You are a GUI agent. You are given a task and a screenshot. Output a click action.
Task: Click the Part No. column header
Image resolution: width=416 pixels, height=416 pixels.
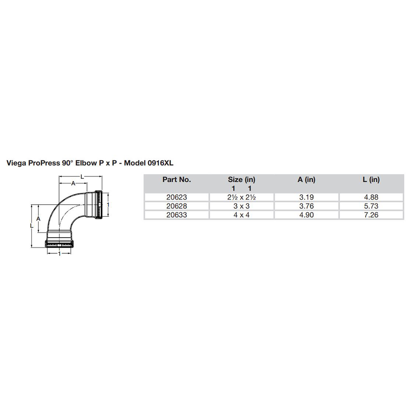176,180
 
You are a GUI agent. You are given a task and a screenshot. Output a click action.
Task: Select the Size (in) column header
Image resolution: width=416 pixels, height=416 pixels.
241,180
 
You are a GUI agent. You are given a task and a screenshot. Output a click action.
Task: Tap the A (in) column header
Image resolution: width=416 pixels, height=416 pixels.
306,180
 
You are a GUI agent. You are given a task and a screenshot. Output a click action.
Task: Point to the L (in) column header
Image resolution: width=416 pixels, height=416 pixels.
371,180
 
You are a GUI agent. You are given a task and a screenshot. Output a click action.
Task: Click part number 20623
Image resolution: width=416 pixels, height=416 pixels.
176,197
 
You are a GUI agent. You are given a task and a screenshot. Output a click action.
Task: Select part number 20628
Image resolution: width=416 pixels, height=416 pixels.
176,206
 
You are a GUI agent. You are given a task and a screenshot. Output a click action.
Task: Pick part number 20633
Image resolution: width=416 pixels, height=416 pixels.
176,215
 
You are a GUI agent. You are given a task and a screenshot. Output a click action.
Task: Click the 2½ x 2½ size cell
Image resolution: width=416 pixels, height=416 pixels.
241,197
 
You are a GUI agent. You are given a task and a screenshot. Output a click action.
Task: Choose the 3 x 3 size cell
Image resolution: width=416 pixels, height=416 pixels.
241,206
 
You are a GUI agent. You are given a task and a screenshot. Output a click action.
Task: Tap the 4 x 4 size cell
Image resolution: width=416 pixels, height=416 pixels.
241,215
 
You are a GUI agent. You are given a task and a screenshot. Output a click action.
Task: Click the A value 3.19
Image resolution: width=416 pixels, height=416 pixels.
306,197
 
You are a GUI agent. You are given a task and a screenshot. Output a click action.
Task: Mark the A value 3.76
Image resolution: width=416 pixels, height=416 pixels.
306,206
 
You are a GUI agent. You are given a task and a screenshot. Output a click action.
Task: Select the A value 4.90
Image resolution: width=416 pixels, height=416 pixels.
306,215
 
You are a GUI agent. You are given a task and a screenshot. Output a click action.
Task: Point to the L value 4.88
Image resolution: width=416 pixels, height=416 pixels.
371,197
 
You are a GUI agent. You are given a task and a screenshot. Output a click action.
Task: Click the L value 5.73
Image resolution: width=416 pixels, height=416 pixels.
371,206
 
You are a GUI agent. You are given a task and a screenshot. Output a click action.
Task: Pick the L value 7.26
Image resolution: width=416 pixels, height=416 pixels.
371,215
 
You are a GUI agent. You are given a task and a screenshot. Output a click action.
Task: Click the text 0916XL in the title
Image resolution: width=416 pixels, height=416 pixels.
159,163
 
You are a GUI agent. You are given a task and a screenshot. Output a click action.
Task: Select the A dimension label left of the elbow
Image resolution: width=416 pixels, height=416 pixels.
38,218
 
